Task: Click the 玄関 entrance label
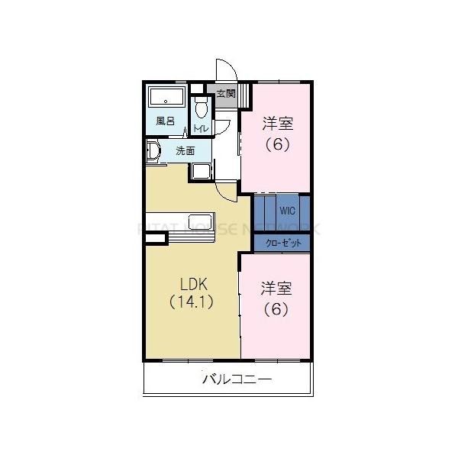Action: tap(225, 95)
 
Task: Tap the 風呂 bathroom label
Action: tap(165, 121)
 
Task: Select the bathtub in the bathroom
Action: tap(166, 98)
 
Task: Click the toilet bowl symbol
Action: tap(202, 108)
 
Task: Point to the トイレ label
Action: tap(202, 128)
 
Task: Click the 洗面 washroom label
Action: tap(185, 150)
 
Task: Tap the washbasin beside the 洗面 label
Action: tap(152, 151)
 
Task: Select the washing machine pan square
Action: tap(202, 170)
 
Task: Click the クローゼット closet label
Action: tap(282, 244)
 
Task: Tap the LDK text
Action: tap(194, 285)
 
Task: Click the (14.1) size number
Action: tap(192, 301)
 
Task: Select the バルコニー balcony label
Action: tap(237, 379)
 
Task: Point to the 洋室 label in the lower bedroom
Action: tap(276, 289)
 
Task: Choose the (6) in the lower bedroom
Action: tap(276, 309)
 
